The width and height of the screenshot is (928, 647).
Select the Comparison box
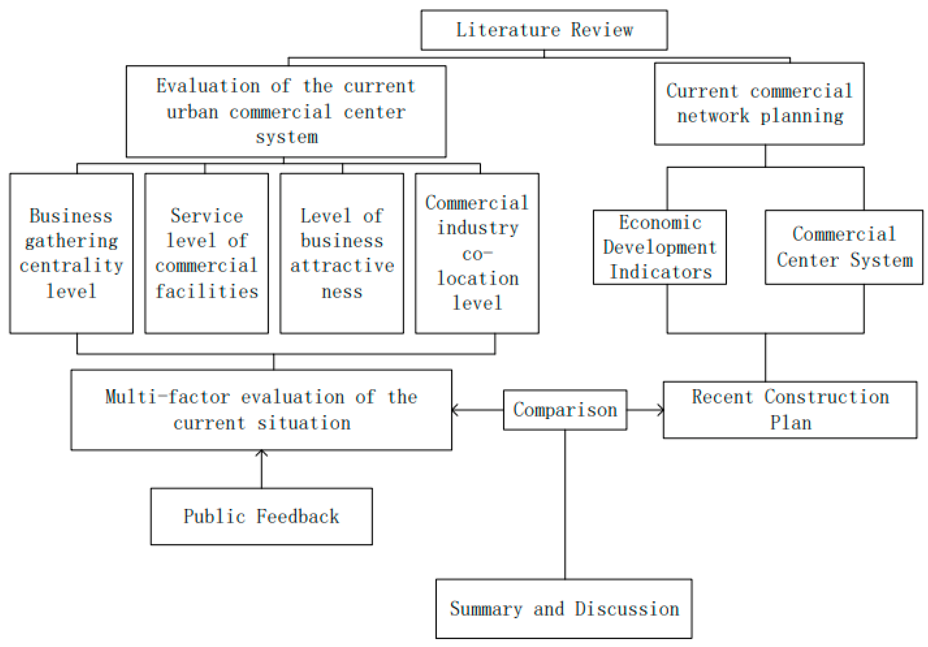[x=565, y=410]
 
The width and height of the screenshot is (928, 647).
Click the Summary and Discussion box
[x=564, y=609]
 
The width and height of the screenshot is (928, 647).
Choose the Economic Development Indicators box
[x=660, y=247]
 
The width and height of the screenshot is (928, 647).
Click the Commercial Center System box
[x=844, y=247]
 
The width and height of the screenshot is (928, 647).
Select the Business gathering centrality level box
[x=71, y=254]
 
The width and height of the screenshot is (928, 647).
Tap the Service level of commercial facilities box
[x=206, y=254]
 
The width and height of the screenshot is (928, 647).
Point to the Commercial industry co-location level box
[x=477, y=254]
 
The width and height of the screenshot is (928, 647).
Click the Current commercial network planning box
[x=759, y=103]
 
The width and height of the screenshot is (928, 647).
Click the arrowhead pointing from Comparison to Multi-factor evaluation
[x=455, y=410]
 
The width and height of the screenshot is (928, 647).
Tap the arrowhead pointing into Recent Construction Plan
[x=660, y=410]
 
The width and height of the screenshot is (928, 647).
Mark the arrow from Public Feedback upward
[x=262, y=469]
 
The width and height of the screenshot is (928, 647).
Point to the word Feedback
[x=298, y=516]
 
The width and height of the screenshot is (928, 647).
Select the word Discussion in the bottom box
[x=627, y=609]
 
